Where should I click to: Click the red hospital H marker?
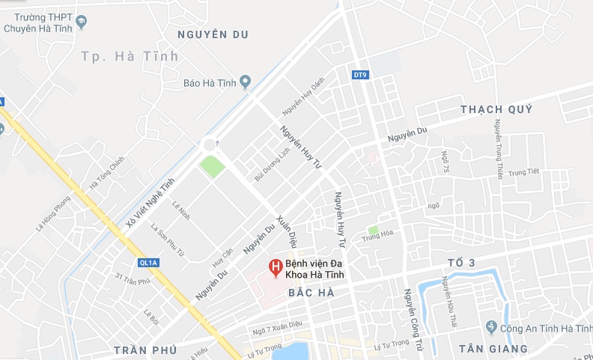tap(276, 267)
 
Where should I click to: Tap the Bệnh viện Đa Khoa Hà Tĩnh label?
tap(321, 269)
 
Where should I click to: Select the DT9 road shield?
tap(361, 75)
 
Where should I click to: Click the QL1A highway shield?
tap(148, 262)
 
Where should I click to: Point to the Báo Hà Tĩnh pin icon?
tap(244, 82)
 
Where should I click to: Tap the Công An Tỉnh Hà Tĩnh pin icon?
tap(491, 328)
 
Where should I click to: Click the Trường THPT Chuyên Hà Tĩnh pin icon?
tap(82, 22)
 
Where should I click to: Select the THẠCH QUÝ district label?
tap(496, 109)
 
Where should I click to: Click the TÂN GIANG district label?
tap(493, 349)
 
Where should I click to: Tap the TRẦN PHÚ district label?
tap(145, 350)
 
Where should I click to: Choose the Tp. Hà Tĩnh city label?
tap(130, 56)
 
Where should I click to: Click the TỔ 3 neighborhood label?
tap(461, 262)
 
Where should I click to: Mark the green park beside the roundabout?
tap(212, 166)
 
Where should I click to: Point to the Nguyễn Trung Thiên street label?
tap(498, 150)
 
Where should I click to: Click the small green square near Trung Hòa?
tap(372, 230)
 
